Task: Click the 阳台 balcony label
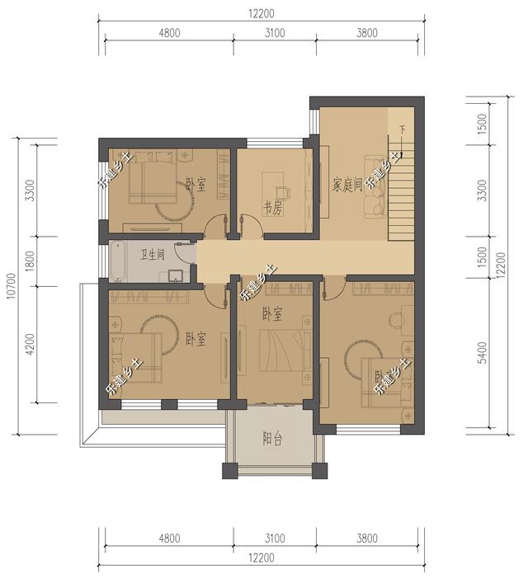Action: [272, 440]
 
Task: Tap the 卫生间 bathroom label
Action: [152, 254]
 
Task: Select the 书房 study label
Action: [272, 209]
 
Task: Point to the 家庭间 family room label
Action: [347, 184]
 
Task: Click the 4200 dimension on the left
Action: [31, 344]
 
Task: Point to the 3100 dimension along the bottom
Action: [275, 539]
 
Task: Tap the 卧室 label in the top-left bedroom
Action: [196, 184]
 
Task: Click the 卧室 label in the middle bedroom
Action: [272, 313]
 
